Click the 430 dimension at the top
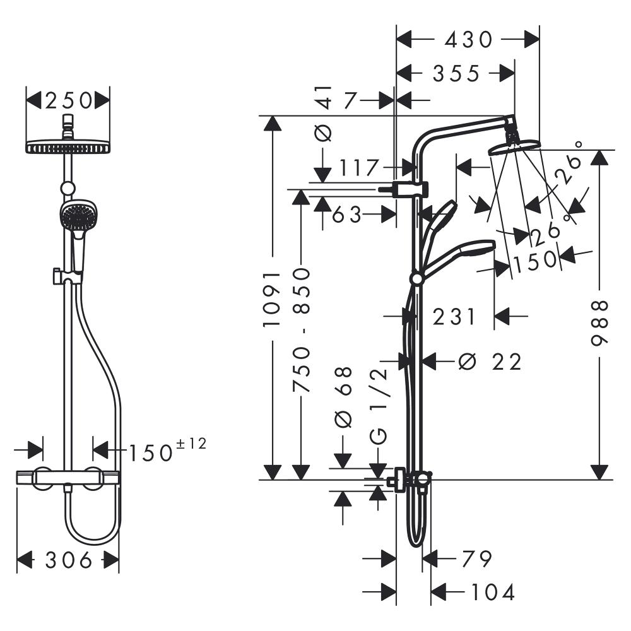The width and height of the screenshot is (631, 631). [x=468, y=39]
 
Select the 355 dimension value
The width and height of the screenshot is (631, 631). [x=456, y=73]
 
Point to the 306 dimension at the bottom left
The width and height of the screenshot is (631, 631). [x=68, y=560]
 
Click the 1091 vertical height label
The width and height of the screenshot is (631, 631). [x=271, y=298]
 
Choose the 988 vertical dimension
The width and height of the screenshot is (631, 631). [x=599, y=322]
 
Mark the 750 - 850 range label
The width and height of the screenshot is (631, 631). [x=302, y=331]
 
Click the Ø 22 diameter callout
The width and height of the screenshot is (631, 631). [x=490, y=362]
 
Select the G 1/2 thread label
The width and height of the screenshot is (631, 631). [x=379, y=407]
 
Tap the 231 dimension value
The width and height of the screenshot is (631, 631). [x=454, y=316]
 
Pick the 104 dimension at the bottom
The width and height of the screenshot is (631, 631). [x=493, y=592]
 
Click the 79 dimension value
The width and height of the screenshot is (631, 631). [x=477, y=558]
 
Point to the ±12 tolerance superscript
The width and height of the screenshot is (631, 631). [x=192, y=444]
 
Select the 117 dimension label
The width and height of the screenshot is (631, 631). [x=360, y=167]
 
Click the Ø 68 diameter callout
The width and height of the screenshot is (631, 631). [x=343, y=398]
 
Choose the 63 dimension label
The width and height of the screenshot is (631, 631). [x=347, y=215]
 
